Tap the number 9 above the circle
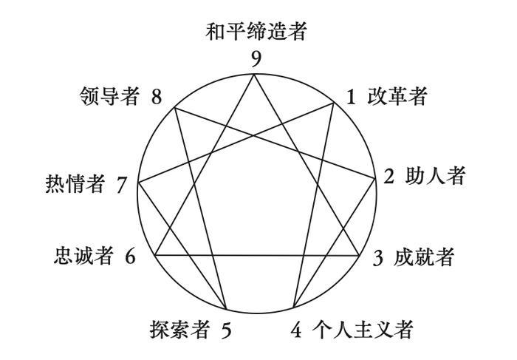[x=256, y=59]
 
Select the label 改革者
[x=397, y=97]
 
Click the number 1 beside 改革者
[x=352, y=97]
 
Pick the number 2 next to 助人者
[x=389, y=177]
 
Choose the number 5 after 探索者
[x=226, y=330]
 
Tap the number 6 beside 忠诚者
[x=130, y=257]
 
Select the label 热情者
[x=74, y=184]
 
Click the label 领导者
[x=109, y=97]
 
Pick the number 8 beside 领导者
[x=157, y=97]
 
